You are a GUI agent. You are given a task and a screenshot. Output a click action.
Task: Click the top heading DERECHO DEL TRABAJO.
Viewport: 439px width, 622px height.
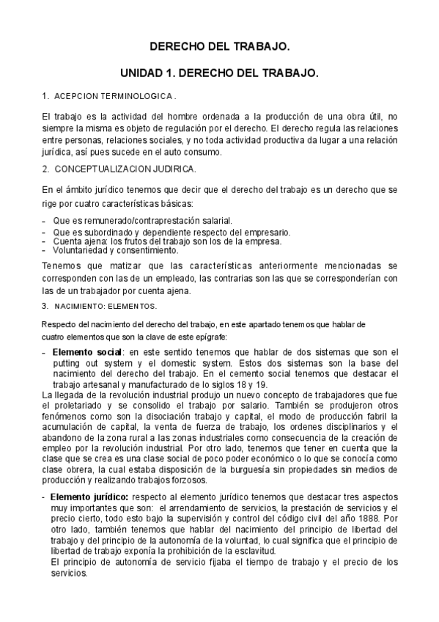tap(220, 46)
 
